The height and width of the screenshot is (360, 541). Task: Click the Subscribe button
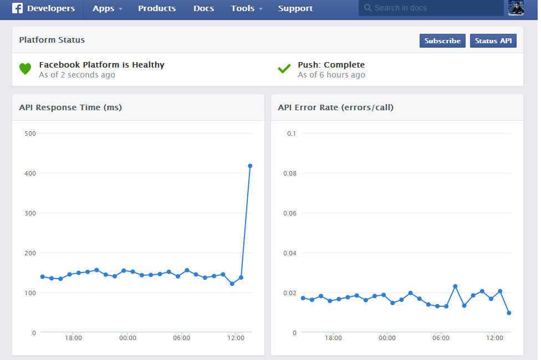[x=442, y=40]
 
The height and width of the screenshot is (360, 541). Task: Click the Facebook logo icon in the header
[x=17, y=8]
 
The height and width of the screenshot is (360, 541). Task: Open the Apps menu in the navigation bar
[x=108, y=8]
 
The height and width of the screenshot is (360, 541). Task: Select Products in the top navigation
[x=157, y=8]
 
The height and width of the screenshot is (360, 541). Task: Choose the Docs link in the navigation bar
[x=203, y=8]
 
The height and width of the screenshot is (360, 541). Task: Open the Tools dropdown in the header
[x=247, y=8]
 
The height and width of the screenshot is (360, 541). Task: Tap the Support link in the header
[x=295, y=8]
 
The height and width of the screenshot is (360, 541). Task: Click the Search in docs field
[x=431, y=8]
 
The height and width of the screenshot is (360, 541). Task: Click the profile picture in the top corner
[x=516, y=8]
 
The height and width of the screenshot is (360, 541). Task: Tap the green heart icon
[x=25, y=69]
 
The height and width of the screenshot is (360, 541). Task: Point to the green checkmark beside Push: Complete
[x=284, y=69]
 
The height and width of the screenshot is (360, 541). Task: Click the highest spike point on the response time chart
[x=250, y=166]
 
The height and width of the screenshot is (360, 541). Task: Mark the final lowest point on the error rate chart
[x=509, y=313]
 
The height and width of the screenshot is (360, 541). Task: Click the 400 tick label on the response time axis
[x=30, y=173]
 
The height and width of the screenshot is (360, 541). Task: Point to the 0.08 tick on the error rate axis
[x=290, y=173]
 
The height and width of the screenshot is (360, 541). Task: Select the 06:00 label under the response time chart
[x=181, y=338]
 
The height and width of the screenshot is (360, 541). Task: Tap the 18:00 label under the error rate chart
[x=333, y=338]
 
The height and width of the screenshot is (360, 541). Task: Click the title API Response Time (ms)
[x=70, y=107]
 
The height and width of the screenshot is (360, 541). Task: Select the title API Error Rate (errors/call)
[x=336, y=107]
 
